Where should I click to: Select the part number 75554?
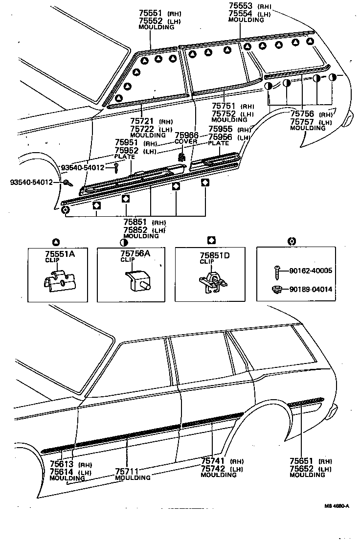pyautogui.click(x=240, y=14)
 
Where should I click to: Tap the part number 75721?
pyautogui.click(x=142, y=121)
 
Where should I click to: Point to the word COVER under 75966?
pyautogui.click(x=186, y=141)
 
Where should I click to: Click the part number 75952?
pyautogui.click(x=126, y=151)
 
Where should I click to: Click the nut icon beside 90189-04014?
pyautogui.click(x=276, y=289)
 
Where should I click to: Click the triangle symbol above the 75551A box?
pyautogui.click(x=55, y=241)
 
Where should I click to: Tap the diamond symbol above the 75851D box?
pyautogui.click(x=211, y=240)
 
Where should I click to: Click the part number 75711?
pyautogui.click(x=127, y=471)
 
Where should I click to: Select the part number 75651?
pyautogui.click(x=301, y=461)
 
